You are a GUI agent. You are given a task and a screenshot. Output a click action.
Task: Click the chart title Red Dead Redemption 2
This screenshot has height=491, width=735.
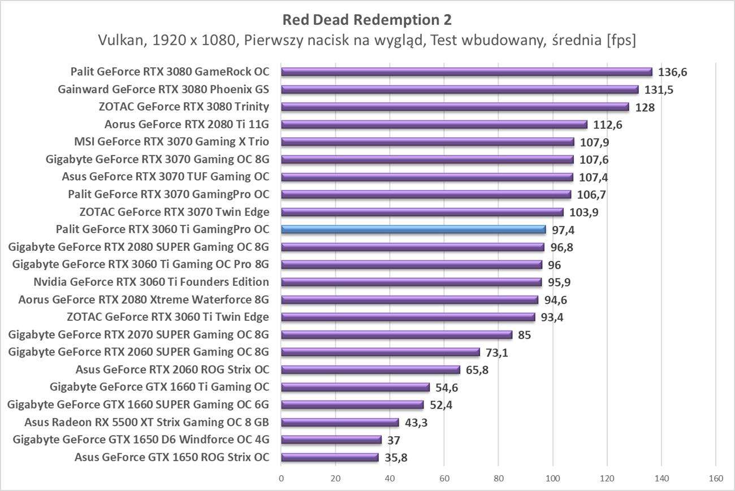[x=367, y=20]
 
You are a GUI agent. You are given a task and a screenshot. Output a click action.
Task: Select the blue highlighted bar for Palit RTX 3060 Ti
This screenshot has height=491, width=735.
[x=413, y=229]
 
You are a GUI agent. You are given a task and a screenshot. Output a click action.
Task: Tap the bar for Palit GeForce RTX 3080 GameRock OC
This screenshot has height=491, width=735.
[x=466, y=72]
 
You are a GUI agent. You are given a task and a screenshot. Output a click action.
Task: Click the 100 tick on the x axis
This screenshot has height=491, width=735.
[x=552, y=479]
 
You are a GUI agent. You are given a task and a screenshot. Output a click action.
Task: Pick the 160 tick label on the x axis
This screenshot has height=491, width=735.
[x=715, y=479]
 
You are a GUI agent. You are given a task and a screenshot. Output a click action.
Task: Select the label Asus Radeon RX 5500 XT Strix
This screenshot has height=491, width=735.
[x=146, y=422]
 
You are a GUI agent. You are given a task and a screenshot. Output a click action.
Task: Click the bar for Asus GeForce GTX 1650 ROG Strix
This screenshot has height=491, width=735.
[x=330, y=457]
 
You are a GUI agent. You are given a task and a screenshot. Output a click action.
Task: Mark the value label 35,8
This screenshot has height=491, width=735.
[x=396, y=458]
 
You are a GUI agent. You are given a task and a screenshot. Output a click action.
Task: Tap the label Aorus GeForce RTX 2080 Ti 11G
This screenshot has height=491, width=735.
[x=187, y=124]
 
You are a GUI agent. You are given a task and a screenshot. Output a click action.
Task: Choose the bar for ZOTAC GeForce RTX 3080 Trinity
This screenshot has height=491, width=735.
[x=455, y=107]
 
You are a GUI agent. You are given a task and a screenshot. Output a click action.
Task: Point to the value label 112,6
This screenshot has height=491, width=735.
[x=608, y=125]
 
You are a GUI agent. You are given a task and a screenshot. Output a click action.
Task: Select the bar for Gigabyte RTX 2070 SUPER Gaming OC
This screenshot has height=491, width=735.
[x=396, y=334]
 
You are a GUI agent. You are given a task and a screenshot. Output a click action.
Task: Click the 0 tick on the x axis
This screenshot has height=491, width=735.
[x=281, y=479]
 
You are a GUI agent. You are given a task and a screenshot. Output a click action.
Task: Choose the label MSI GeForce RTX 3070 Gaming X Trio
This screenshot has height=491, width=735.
[x=171, y=142]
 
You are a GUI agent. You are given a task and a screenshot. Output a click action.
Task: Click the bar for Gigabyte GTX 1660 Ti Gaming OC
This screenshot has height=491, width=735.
[x=355, y=387]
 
